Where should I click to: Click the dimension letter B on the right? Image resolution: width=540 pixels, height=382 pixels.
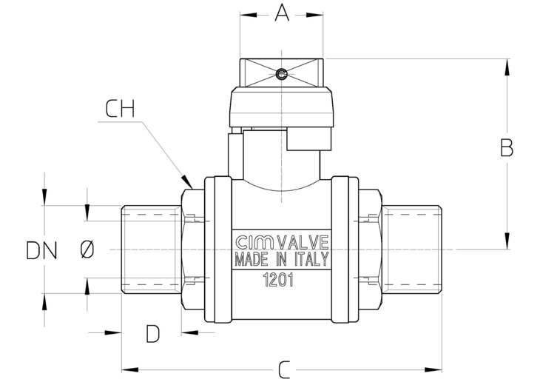tap(507, 147)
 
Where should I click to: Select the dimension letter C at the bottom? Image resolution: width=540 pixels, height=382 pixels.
tap(284, 369)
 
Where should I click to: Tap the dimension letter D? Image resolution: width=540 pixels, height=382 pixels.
tap(152, 333)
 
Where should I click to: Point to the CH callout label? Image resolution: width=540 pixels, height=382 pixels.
tap(120, 109)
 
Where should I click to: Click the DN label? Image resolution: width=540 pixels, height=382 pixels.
tap(41, 250)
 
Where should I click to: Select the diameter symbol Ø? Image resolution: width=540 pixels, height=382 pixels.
tap(87, 249)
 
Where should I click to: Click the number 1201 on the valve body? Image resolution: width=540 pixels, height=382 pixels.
tap(278, 280)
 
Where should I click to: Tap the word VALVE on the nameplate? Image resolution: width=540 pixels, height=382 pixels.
tap(303, 242)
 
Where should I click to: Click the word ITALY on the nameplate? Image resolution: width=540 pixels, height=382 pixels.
tap(311, 259)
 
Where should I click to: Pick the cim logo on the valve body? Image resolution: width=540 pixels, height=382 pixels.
tap(255, 242)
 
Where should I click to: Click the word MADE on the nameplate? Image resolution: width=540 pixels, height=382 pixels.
tap(252, 259)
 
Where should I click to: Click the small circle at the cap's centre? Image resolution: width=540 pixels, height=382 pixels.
tap(281, 73)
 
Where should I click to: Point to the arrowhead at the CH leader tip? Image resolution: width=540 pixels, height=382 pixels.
tap(187, 181)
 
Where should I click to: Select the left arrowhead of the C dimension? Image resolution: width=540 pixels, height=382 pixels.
tap(130, 370)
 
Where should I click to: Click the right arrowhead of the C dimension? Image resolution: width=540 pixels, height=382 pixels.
tap(433, 370)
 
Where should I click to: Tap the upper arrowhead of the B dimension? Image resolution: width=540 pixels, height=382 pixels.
tap(507, 67)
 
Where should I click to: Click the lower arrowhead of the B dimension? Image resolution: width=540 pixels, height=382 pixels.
tap(507, 241)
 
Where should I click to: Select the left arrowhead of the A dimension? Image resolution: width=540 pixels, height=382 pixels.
tap(249, 15)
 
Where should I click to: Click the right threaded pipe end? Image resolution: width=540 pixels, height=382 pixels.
tap(412, 249)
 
